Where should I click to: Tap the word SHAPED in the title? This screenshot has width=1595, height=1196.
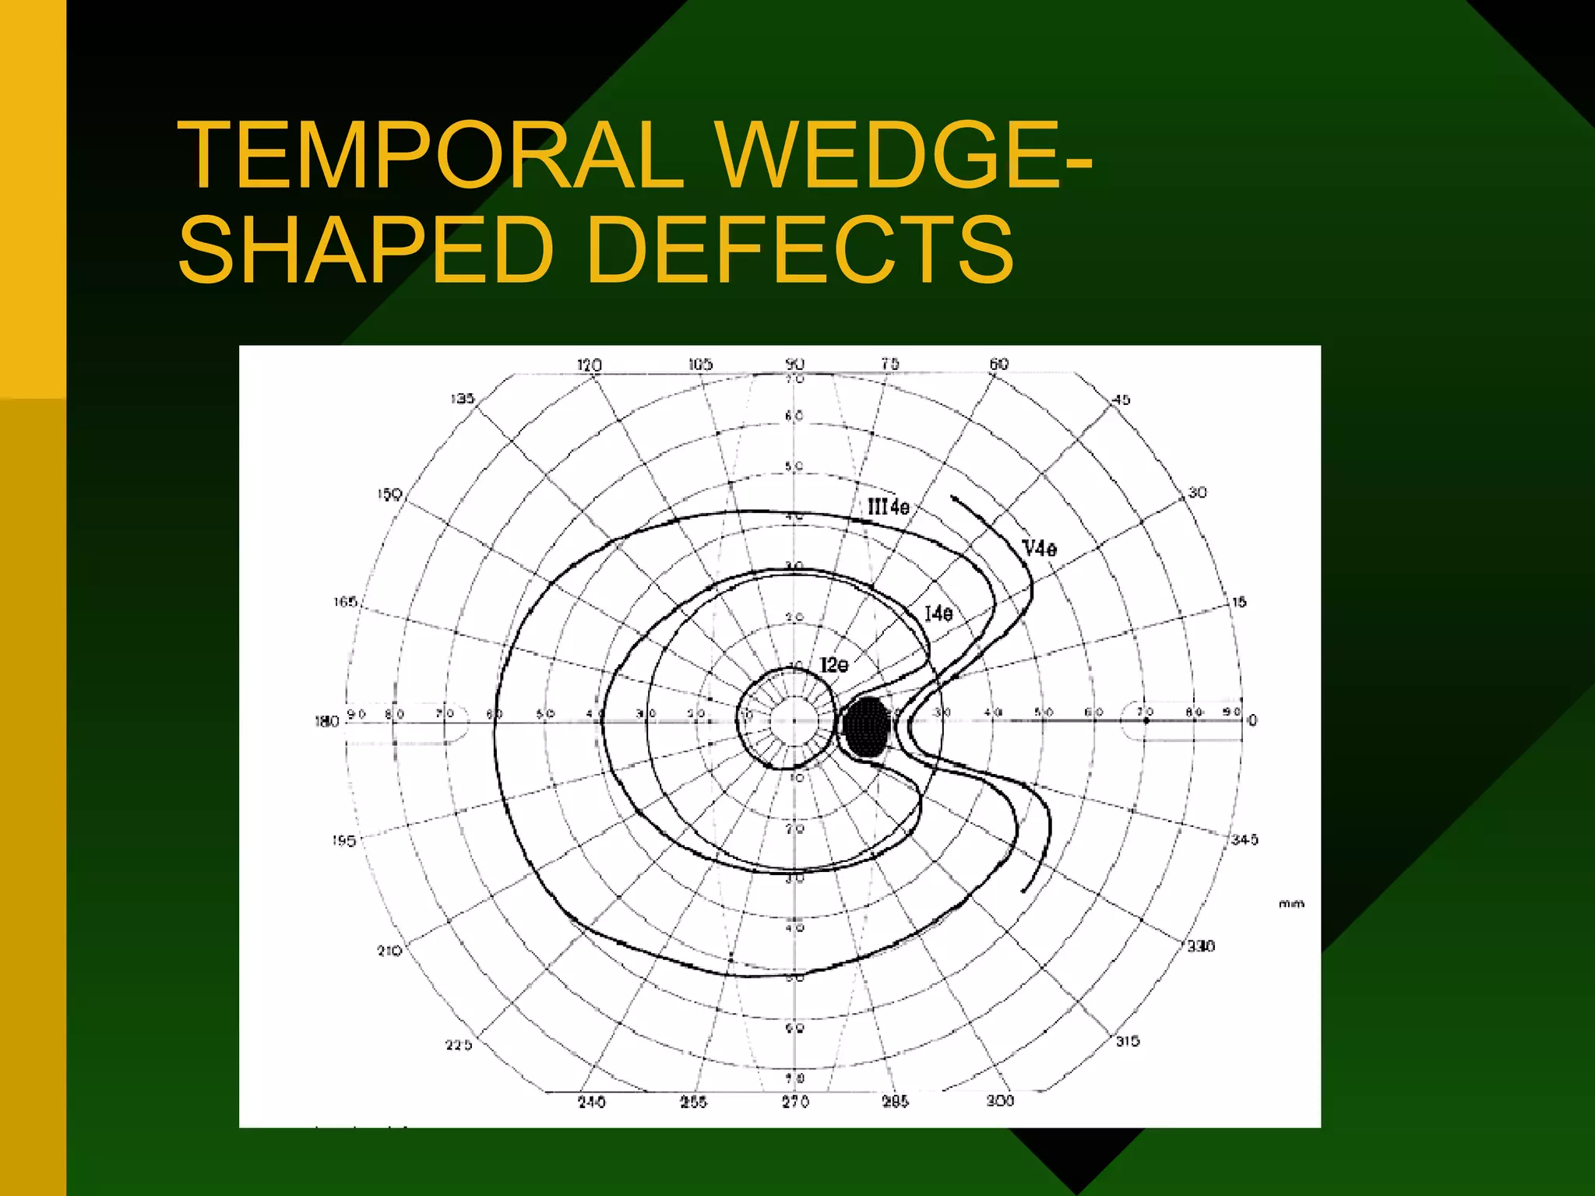pyautogui.click(x=366, y=251)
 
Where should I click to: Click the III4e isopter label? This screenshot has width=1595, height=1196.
pyautogui.click(x=889, y=508)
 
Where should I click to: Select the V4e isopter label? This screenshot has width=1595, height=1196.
pyautogui.click(x=1040, y=549)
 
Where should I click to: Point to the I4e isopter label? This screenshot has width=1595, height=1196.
pyautogui.click(x=938, y=614)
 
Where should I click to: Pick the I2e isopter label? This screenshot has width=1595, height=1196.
pyautogui.click(x=834, y=666)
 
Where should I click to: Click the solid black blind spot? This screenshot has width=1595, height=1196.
pyautogui.click(x=865, y=726)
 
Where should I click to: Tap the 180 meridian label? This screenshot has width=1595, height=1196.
pyautogui.click(x=327, y=722)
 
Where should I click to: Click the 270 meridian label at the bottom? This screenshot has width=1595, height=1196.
pyautogui.click(x=796, y=1102)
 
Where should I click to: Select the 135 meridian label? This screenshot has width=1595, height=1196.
pyautogui.click(x=463, y=399)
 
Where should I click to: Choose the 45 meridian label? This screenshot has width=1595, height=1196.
pyautogui.click(x=1121, y=400)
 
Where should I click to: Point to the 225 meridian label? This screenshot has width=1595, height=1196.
pyautogui.click(x=459, y=1045)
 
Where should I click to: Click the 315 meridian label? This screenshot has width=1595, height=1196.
pyautogui.click(x=1128, y=1041)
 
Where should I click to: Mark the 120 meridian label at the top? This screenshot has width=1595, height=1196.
pyautogui.click(x=590, y=365)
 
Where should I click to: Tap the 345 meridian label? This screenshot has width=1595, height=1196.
pyautogui.click(x=1245, y=839)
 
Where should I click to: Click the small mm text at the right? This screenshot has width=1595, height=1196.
pyautogui.click(x=1291, y=904)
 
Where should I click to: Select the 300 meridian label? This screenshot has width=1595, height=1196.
pyautogui.click(x=1000, y=1100)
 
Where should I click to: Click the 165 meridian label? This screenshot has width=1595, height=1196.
pyautogui.click(x=345, y=602)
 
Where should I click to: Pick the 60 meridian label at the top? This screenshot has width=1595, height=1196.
pyautogui.click(x=999, y=364)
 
